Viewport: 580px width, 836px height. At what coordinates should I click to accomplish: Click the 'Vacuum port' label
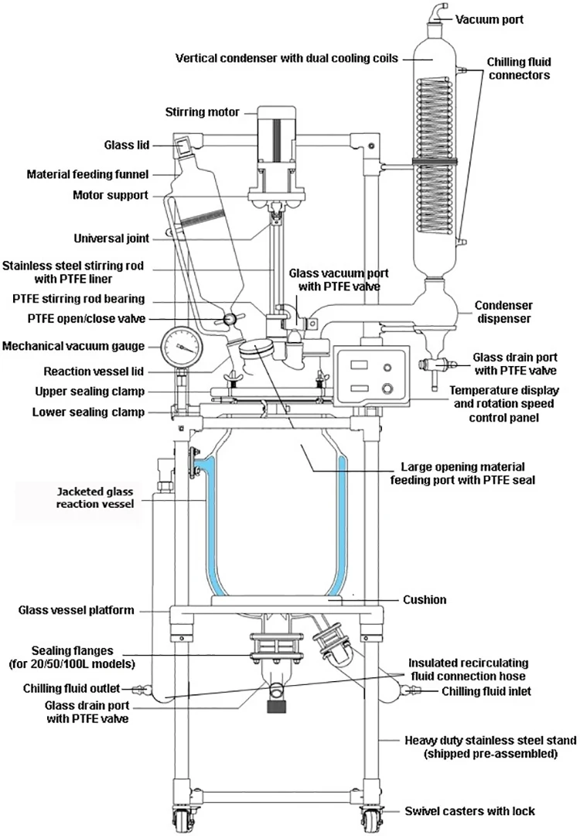(x=489, y=19)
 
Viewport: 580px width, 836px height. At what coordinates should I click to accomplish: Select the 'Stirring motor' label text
(x=203, y=112)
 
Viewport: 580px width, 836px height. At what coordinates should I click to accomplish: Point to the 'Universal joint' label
(x=111, y=238)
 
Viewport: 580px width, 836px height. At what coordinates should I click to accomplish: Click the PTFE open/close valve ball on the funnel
(x=230, y=320)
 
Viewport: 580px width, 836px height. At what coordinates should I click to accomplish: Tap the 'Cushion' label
(x=425, y=600)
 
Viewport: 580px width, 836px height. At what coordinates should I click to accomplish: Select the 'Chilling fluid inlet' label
(x=486, y=691)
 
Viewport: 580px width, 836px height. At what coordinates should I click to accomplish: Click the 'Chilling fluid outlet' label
(x=71, y=689)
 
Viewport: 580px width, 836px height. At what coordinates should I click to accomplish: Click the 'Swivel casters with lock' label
(x=469, y=811)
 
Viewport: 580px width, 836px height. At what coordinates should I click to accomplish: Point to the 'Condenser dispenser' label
(x=503, y=312)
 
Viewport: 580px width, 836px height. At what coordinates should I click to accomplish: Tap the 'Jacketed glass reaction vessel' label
(x=95, y=498)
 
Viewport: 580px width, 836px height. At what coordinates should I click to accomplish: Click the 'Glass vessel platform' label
(x=76, y=611)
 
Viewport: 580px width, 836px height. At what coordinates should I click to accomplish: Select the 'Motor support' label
(x=111, y=195)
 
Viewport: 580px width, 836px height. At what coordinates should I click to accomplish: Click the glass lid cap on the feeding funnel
(x=184, y=145)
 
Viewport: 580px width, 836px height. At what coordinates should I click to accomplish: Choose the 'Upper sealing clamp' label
(x=90, y=392)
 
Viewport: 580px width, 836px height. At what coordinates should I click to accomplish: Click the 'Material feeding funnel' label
(x=88, y=174)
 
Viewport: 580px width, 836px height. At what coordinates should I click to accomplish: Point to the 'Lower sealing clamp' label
(x=88, y=412)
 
